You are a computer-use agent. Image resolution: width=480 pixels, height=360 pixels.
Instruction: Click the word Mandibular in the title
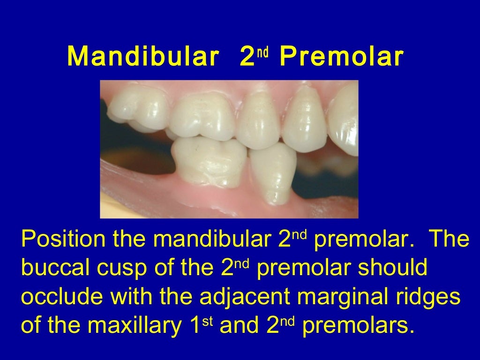pyautogui.click(x=142, y=57)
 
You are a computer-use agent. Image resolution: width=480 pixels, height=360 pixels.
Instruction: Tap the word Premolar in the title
pyautogui.click(x=341, y=57)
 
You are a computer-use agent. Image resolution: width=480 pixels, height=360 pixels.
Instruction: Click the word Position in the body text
pyautogui.click(x=64, y=240)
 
